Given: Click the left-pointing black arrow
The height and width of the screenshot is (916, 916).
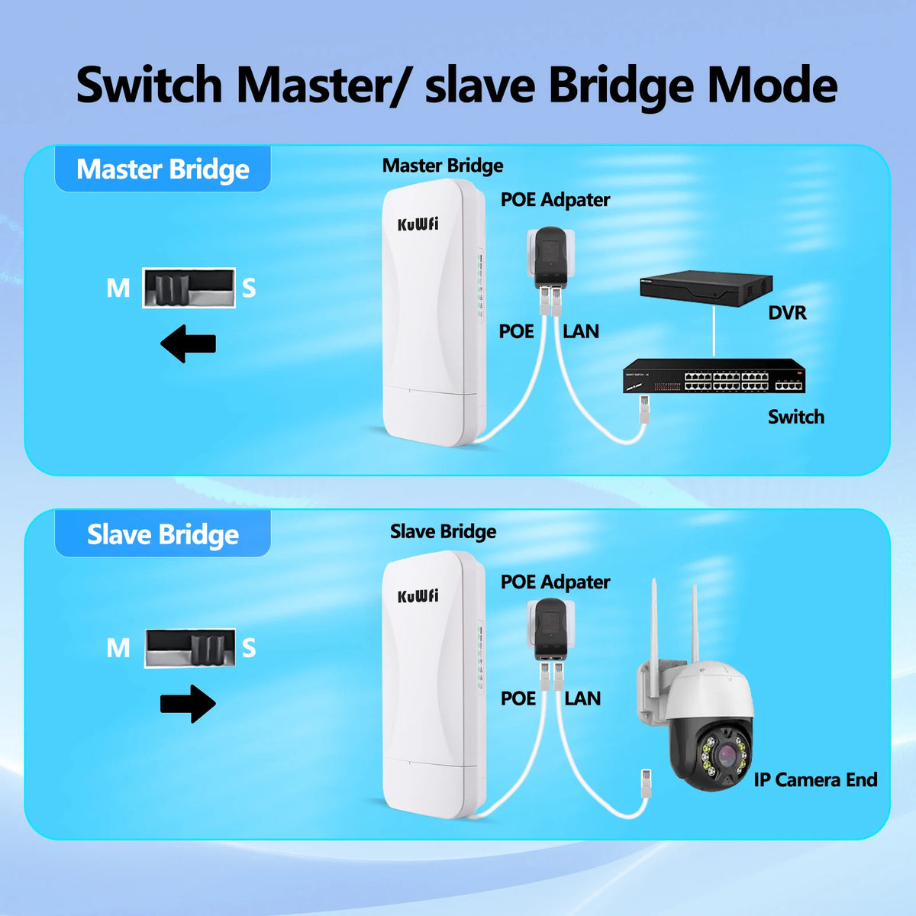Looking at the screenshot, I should [x=188, y=343].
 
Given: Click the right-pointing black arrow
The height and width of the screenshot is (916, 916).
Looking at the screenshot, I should [x=189, y=703].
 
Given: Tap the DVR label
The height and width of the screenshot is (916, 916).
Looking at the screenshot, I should [x=787, y=312].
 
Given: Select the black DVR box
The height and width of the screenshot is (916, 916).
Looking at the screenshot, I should [x=706, y=289].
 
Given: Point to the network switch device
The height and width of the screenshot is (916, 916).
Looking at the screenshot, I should [x=714, y=376].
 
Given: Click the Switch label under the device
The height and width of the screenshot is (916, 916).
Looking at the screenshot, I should [x=795, y=417].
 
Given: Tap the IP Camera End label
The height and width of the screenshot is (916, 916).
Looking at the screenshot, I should [x=815, y=779].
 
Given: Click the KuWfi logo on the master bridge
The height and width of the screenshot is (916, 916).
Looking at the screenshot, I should [x=418, y=224].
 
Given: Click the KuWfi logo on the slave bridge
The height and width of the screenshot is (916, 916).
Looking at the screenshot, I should [x=418, y=595].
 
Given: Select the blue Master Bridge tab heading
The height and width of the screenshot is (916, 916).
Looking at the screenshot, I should [x=163, y=169].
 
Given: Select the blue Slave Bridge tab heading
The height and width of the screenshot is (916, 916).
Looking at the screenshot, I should [x=163, y=534].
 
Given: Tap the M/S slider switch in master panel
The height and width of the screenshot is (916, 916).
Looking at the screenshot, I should [x=189, y=288].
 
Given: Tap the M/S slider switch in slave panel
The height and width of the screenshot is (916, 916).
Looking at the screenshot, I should [x=189, y=648].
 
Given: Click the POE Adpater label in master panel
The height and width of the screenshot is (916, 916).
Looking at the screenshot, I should [x=555, y=200].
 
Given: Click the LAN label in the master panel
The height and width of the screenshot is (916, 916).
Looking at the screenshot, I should [x=581, y=331].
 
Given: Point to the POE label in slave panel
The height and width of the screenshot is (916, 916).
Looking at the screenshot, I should [x=518, y=698].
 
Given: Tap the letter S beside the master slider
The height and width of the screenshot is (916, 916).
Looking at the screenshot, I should [x=249, y=289].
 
